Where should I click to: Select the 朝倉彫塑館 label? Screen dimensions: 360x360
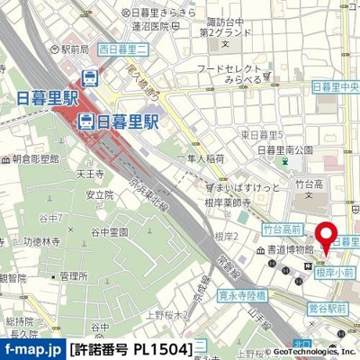[x=36, y=157]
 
